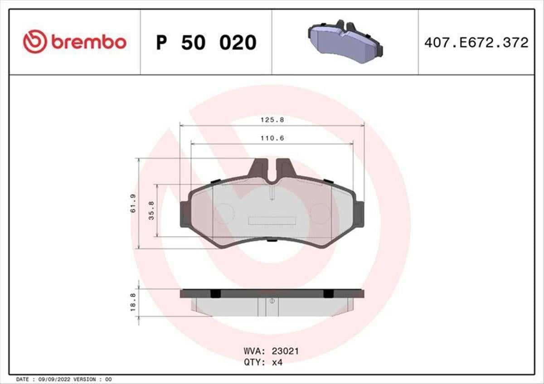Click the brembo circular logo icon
click(35, 42)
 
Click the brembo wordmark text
click(88, 42)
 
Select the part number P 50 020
click(206, 43)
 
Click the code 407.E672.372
click(476, 43)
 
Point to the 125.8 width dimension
click(272, 120)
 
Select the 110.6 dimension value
click(272, 138)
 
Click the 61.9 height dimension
click(134, 203)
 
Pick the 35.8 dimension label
click(152, 210)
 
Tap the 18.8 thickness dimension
click(133, 302)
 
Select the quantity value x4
click(277, 362)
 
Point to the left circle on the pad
click(223, 213)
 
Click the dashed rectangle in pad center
click(272, 221)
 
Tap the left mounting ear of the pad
click(185, 214)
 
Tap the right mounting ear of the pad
click(359, 214)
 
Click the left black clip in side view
click(216, 294)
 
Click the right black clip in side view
click(328, 294)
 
